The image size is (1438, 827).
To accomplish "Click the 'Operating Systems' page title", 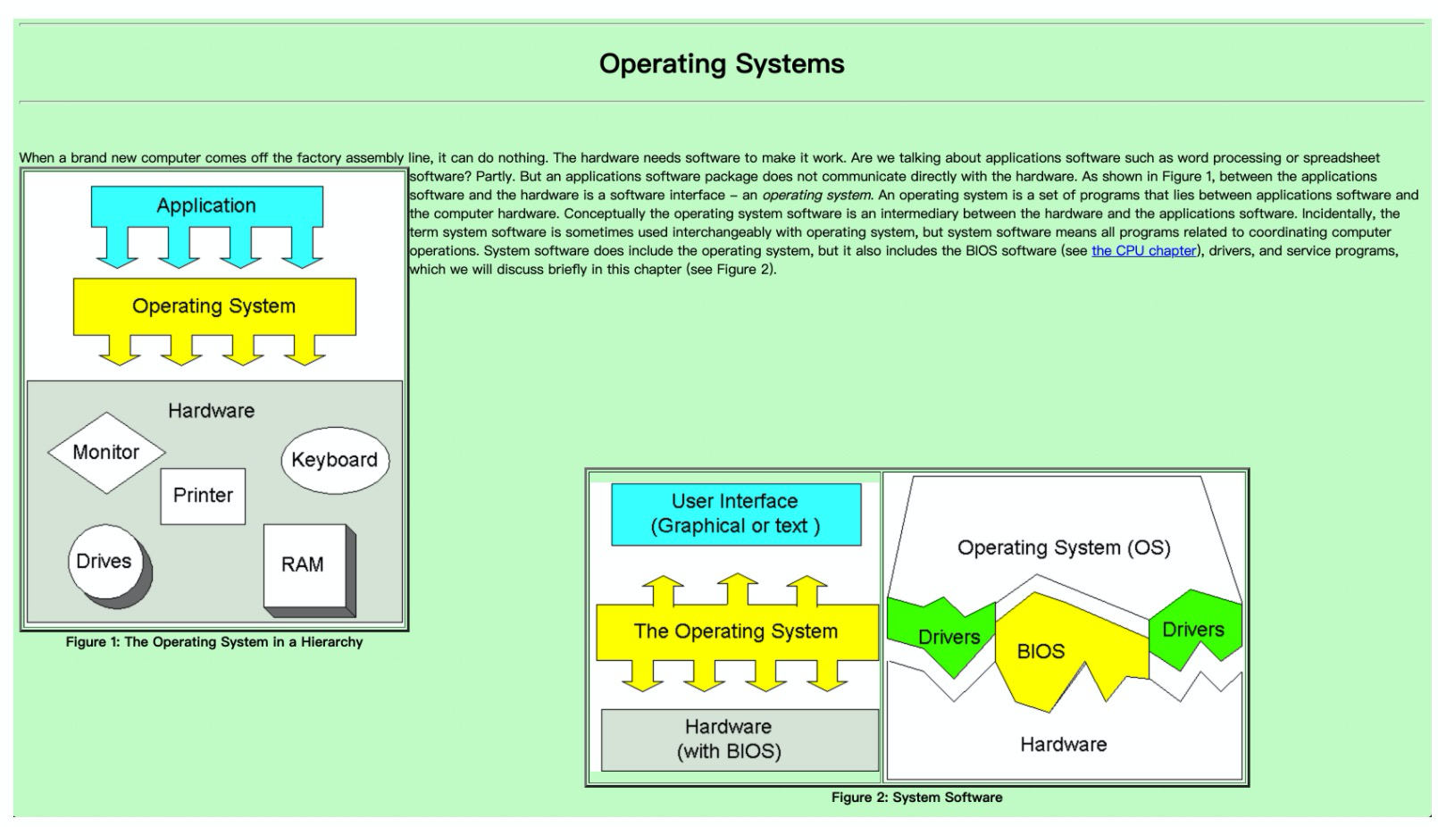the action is point(722,63).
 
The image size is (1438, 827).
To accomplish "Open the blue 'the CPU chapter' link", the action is point(1144,250).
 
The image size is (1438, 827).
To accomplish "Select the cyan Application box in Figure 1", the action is point(206,206).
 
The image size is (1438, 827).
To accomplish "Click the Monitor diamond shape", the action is point(106,453).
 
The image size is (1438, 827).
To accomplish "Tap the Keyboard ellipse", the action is point(335,460).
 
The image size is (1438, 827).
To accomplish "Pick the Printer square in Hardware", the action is point(203,497).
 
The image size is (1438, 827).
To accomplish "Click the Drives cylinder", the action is point(110,566).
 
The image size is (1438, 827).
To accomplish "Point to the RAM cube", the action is point(309,570).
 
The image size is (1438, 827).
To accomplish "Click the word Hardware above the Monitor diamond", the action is point(211,411).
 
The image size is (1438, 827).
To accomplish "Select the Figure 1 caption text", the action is point(213,642).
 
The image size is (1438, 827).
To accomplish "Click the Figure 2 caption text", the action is point(916,798).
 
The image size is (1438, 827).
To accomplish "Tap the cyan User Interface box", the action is point(736,514).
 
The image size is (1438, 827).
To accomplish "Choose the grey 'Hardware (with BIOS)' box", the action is point(740,739).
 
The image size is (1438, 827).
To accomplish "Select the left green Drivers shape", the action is point(941,636).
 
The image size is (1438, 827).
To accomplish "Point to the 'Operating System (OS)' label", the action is point(1065,547).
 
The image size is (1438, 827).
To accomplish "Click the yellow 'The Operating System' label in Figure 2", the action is point(736,631).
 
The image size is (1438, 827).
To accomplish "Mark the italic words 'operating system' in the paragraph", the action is point(816,196).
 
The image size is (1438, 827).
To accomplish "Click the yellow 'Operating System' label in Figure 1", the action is point(213,306).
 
